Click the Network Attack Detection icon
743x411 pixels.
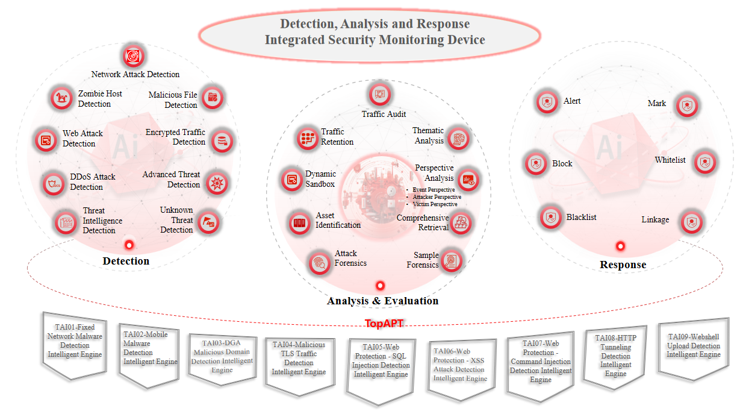(x=133, y=56)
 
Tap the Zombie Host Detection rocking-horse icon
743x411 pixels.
(x=61, y=98)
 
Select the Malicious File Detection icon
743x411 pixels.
(x=213, y=98)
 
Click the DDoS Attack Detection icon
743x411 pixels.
(x=54, y=184)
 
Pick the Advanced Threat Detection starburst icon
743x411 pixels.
(x=217, y=183)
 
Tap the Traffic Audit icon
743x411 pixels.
(x=380, y=94)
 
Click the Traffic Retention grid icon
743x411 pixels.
(x=308, y=138)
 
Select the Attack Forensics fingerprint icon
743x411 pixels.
(x=320, y=263)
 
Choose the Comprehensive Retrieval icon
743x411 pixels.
(x=461, y=223)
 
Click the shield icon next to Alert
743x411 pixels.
(x=547, y=102)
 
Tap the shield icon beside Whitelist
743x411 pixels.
(x=705, y=162)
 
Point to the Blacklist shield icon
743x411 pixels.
(x=550, y=218)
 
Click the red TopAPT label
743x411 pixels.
(x=384, y=324)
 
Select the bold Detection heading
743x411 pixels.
(x=126, y=261)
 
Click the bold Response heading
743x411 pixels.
(x=623, y=265)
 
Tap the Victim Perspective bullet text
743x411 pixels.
(x=435, y=204)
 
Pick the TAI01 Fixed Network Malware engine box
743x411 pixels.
(x=75, y=345)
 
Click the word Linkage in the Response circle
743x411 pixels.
(x=655, y=219)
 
